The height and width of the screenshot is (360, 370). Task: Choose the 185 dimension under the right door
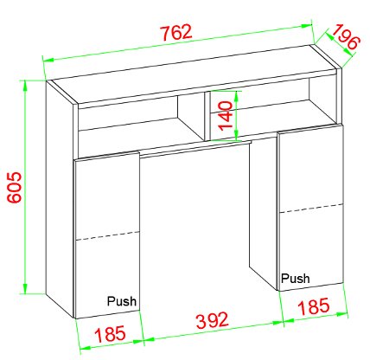coord(312,305)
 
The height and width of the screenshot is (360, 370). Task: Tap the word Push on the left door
coord(121,301)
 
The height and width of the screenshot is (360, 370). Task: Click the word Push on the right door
coord(295,279)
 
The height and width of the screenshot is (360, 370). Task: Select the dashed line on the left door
coord(107,234)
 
